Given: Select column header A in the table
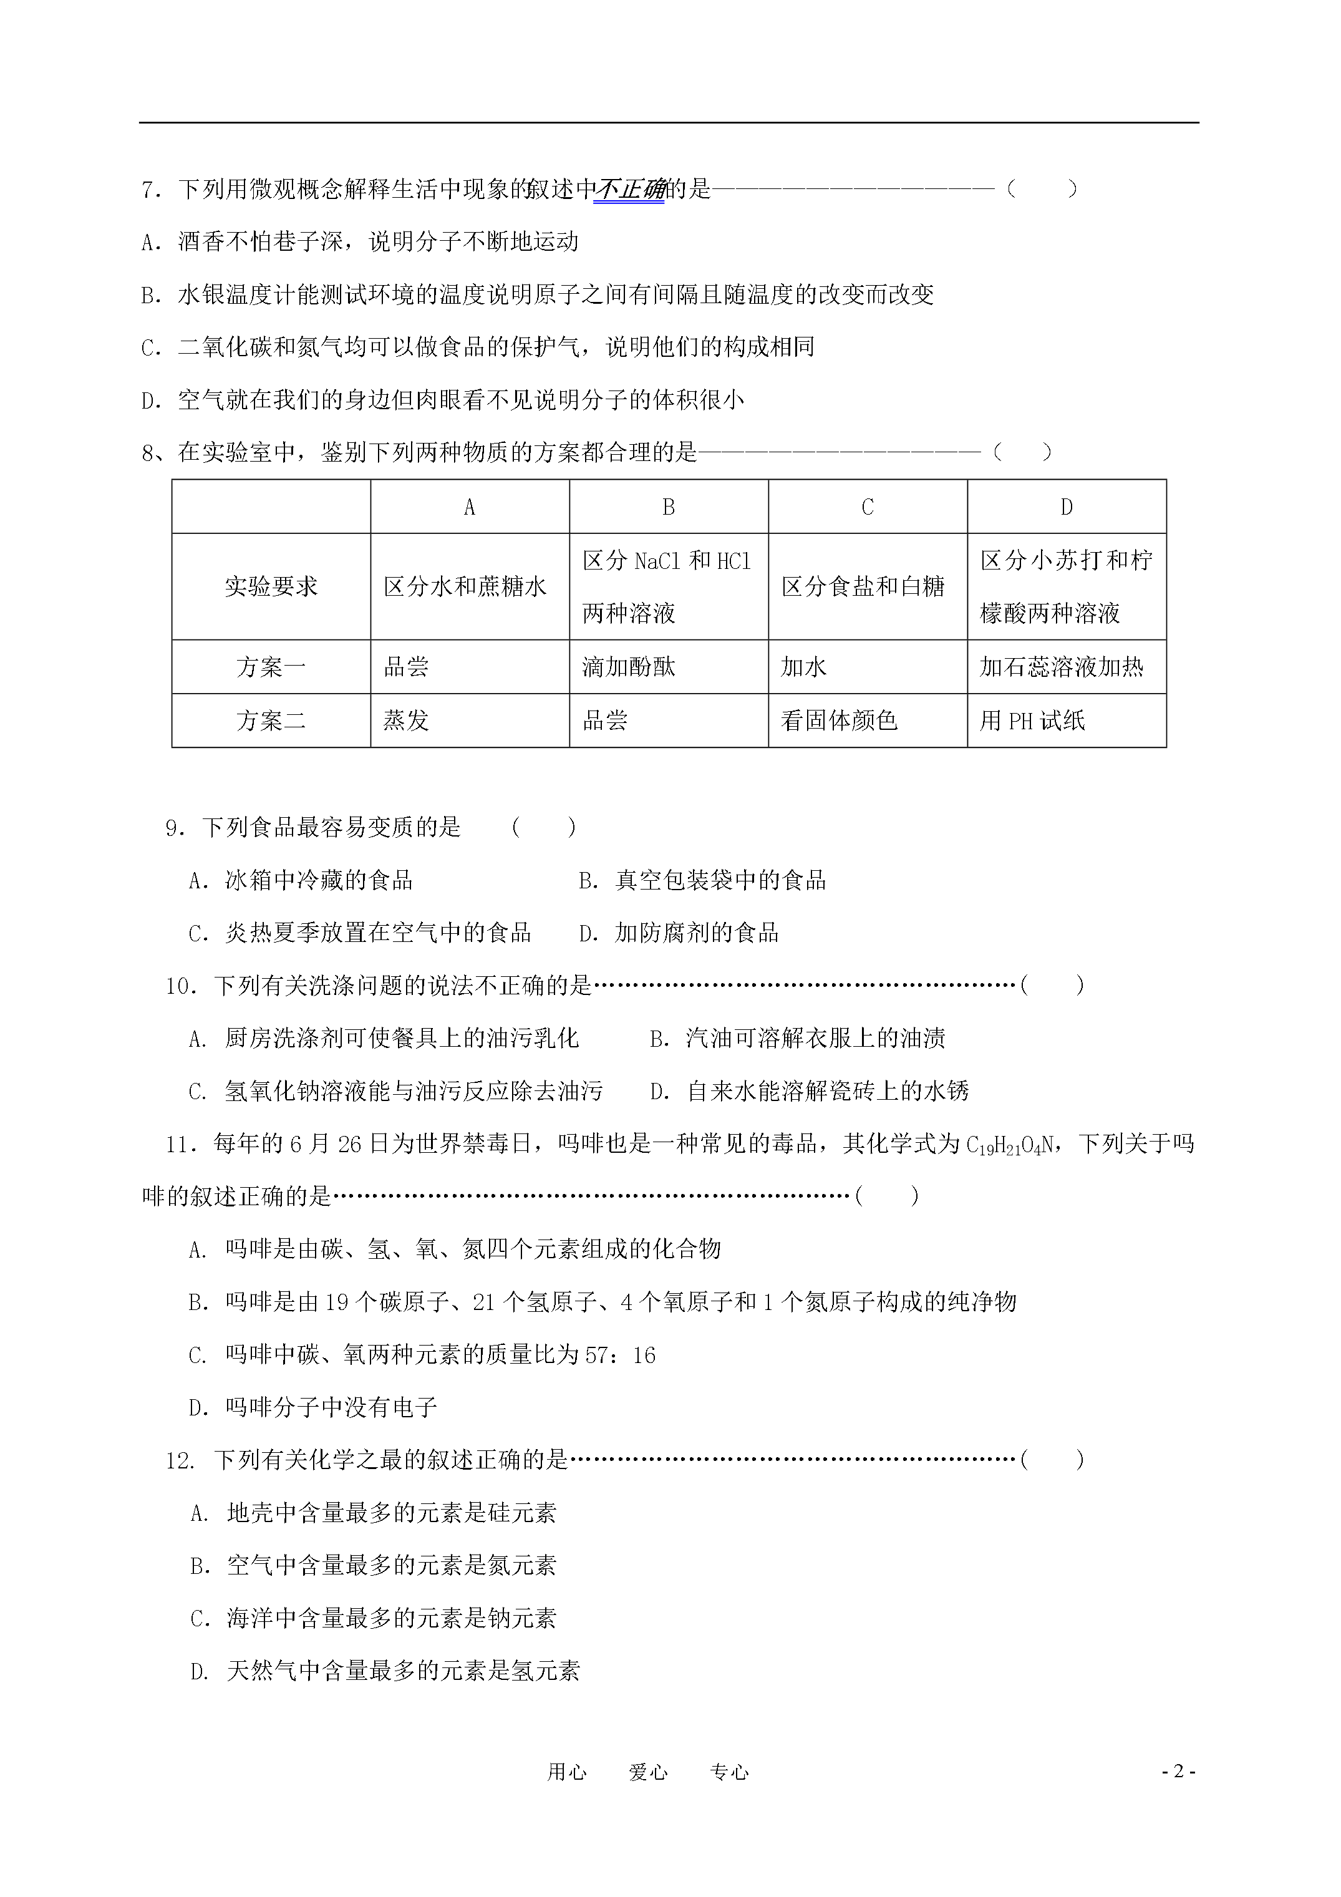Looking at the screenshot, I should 469,507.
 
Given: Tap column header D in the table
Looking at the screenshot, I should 1067,507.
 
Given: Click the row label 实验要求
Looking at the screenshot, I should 271,586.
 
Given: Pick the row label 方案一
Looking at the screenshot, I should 271,667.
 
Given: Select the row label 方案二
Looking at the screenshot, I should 271,720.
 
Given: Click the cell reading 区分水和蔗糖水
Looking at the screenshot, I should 465,586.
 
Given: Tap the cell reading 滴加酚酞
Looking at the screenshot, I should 629,667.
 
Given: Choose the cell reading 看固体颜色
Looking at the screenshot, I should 839,720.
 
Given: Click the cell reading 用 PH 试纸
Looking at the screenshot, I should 1032,720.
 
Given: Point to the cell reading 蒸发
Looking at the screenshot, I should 405,720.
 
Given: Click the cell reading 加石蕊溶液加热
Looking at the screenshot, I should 1062,667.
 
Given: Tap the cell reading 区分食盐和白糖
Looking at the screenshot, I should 863,586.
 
